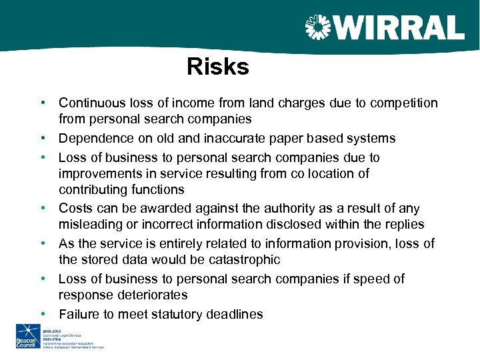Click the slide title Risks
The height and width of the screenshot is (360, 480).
coord(217,67)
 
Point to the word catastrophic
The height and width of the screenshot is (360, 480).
coord(243,260)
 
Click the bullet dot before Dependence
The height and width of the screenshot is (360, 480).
coord(41,139)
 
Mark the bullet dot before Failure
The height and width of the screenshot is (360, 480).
coord(41,314)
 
